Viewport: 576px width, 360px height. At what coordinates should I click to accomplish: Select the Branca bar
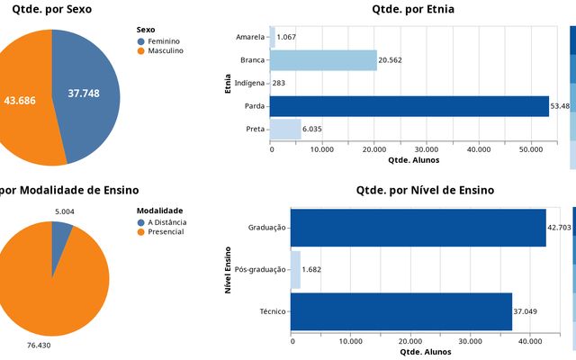pos(323,60)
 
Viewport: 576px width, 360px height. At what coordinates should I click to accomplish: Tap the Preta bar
pos(285,129)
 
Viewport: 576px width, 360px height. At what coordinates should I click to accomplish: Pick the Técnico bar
pos(400,311)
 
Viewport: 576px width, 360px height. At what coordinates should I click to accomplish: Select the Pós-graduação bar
pos(295,269)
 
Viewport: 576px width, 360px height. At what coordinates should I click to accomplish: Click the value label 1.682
pos(313,269)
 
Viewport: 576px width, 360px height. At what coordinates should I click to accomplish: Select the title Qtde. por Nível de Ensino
pos(425,190)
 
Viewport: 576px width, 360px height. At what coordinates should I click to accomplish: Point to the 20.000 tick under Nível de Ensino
pos(410,341)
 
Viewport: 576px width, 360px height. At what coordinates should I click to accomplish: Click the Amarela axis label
pos(249,37)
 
